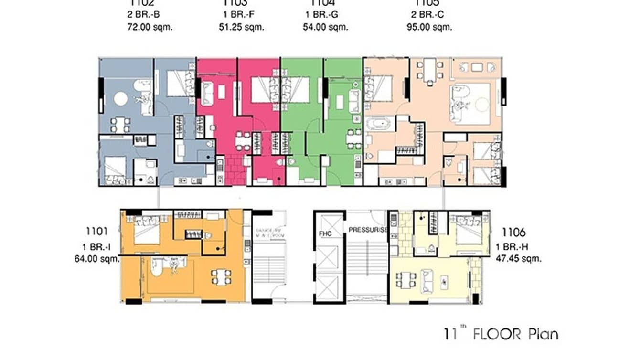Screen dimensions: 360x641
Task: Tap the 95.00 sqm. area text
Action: click(x=429, y=27)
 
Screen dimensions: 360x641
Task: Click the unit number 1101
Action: click(x=97, y=233)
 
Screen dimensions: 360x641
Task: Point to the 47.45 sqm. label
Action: click(x=518, y=259)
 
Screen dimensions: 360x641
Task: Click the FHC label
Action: click(x=325, y=233)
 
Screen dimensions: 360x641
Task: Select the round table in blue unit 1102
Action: click(x=120, y=99)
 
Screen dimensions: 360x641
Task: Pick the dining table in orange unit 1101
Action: click(x=221, y=277)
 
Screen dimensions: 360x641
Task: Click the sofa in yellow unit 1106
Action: click(x=427, y=280)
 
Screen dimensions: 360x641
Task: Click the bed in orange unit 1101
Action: click(x=145, y=231)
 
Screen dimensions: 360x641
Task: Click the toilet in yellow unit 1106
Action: click(x=431, y=248)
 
